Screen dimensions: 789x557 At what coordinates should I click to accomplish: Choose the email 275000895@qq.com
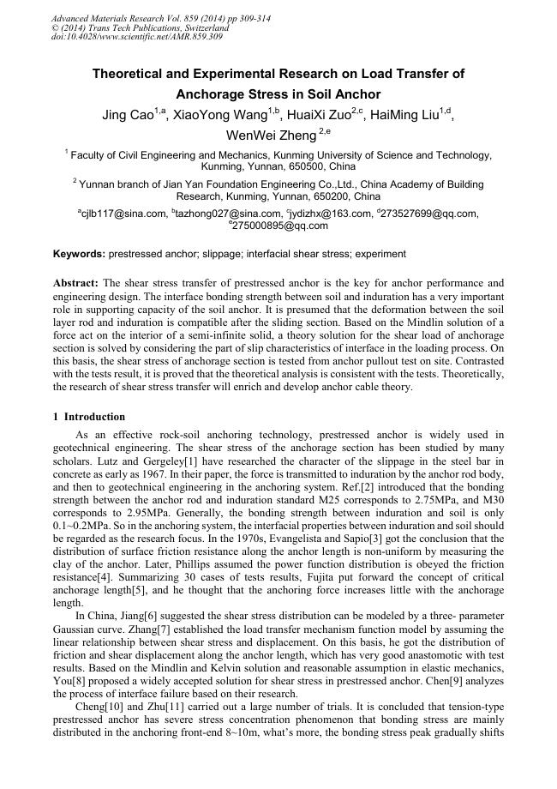[279, 226]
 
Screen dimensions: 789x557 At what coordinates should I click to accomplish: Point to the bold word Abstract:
[76, 282]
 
